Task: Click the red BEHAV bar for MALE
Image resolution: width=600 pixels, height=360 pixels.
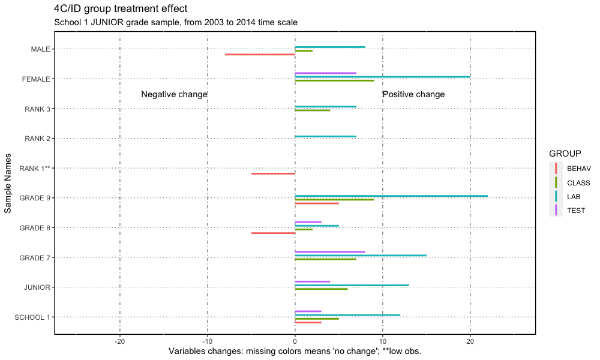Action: [x=260, y=55]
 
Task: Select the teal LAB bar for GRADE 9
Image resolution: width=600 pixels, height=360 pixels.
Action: [x=391, y=196]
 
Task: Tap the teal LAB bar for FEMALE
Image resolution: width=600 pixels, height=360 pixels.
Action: [x=382, y=77]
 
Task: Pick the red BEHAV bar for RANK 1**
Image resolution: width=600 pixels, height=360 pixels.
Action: [x=273, y=173]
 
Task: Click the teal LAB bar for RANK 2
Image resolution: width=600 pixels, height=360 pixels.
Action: [x=325, y=136]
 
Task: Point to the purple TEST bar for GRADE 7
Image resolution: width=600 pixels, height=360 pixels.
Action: [x=330, y=251]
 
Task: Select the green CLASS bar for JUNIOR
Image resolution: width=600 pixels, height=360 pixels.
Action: [x=321, y=289]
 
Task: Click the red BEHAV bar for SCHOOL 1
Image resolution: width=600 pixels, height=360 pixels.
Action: [x=308, y=322]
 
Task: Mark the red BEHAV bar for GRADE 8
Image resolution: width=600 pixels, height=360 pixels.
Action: [x=273, y=233]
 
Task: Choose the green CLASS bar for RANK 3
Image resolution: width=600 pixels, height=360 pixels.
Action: [x=312, y=110]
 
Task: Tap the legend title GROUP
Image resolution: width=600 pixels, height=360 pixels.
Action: [x=565, y=154]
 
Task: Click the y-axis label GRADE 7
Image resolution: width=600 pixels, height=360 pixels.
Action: [x=34, y=258]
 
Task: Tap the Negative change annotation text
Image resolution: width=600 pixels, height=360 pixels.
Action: [x=174, y=94]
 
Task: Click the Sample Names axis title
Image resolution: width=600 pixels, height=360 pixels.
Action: [x=8, y=182]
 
